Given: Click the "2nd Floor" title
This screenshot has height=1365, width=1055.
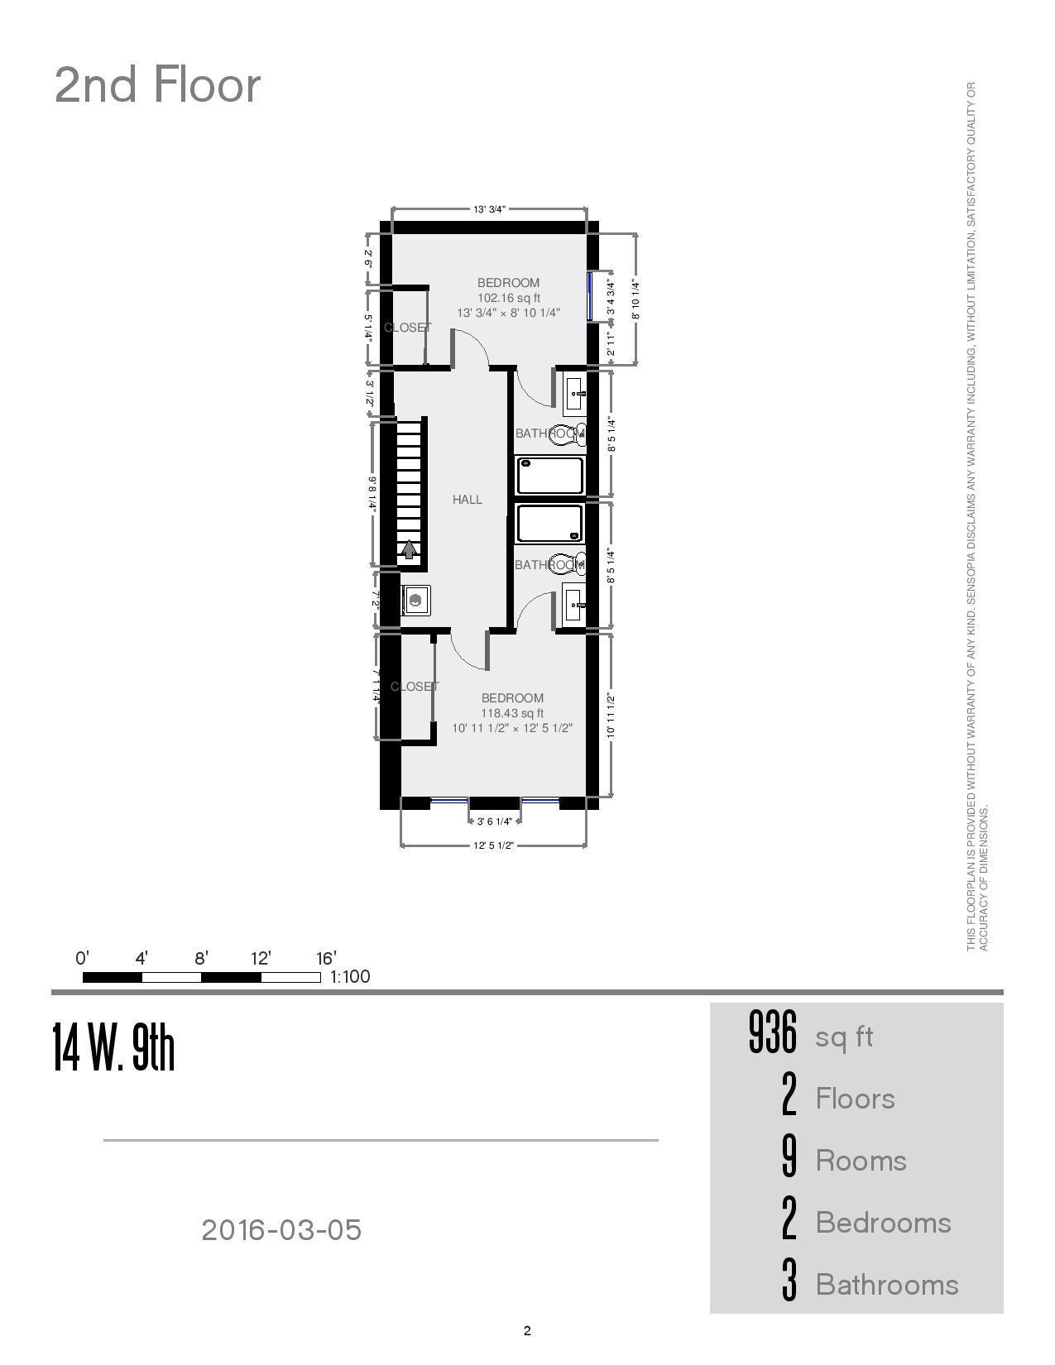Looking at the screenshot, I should (157, 85).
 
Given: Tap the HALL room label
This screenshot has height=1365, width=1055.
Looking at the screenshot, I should (467, 500).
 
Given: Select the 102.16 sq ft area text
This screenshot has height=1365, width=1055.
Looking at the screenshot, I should (508, 298).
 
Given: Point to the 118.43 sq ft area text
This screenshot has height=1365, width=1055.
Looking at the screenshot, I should (512, 713).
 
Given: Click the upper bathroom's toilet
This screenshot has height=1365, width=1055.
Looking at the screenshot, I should (571, 433).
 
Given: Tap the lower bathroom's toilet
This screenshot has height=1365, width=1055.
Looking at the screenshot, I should (571, 564).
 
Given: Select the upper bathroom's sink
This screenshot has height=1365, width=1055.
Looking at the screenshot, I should (575, 394).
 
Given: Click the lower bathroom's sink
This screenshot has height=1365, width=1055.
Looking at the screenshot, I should (574, 606).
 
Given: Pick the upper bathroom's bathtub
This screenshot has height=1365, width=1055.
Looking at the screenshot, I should (550, 475).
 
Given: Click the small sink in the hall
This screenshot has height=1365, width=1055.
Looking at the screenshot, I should (416, 600).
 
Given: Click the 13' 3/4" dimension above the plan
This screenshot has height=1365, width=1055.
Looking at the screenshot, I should (489, 209).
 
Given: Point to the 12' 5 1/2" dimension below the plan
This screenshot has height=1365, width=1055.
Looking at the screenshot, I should (494, 845).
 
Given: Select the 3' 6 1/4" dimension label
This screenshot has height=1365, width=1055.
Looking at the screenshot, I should (495, 821).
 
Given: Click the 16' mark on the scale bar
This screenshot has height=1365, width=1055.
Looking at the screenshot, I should (326, 959).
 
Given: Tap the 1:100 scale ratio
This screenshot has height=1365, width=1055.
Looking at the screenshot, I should (350, 977).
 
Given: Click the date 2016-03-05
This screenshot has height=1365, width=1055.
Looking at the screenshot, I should (281, 1230).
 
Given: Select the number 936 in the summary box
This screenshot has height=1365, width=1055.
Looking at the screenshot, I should (772, 1033).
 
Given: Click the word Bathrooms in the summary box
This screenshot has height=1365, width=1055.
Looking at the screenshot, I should (887, 1285).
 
